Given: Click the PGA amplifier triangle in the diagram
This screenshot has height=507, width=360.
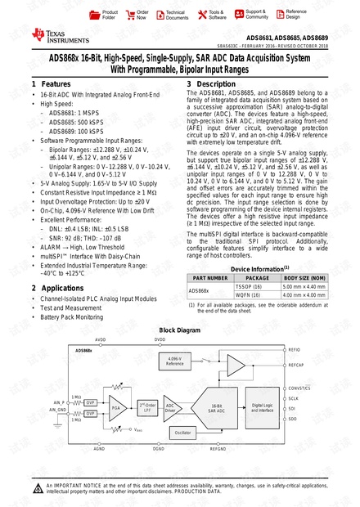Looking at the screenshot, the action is [116, 406].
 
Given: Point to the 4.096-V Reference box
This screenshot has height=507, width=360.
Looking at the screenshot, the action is [173, 360].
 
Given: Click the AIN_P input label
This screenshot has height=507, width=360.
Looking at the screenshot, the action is [58, 402].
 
